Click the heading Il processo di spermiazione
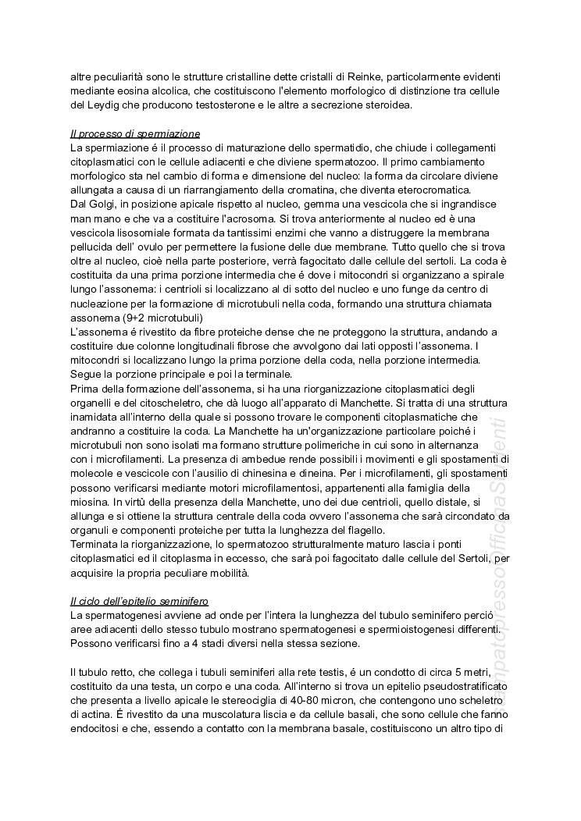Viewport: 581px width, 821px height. (135, 134)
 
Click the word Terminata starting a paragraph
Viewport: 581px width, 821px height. (95, 542)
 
